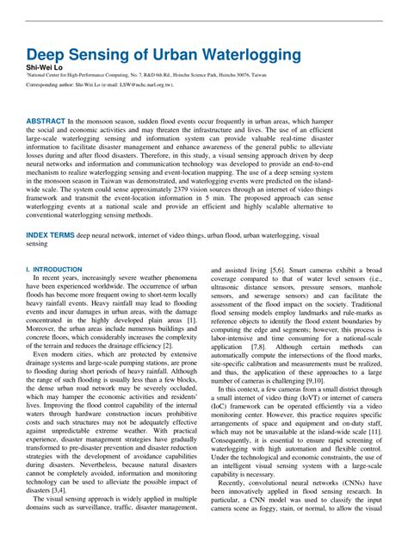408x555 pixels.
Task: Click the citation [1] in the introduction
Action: tap(191, 321)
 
